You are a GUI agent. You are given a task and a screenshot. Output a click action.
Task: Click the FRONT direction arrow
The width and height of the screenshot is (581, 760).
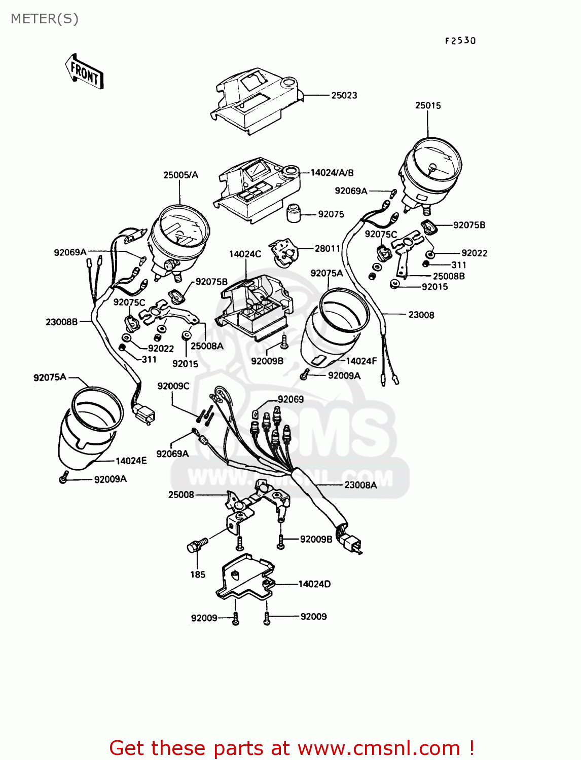point(84,72)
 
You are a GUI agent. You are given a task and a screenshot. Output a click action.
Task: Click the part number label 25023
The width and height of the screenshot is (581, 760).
point(344,95)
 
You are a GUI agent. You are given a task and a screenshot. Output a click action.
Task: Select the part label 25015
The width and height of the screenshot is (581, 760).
point(428,105)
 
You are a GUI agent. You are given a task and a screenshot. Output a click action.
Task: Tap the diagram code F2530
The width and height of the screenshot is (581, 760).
point(460,41)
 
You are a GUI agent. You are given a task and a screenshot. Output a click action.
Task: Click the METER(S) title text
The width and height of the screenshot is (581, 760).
point(45,19)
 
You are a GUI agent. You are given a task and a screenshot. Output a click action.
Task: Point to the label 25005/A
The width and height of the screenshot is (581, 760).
point(180,175)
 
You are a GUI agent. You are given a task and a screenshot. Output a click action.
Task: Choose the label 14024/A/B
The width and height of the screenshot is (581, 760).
point(332,173)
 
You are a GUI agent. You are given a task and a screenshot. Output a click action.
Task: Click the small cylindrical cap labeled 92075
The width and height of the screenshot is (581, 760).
point(294,213)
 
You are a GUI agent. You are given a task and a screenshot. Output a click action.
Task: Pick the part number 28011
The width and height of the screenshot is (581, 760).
point(327,248)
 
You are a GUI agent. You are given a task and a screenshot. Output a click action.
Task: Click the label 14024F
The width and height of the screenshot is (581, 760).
point(361,361)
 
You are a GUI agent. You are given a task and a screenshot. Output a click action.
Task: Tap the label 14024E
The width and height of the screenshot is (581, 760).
point(131,461)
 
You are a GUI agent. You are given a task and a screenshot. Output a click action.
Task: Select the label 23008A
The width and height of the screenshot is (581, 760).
point(360,485)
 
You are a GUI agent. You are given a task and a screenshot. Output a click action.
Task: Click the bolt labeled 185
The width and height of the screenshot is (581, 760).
point(197,546)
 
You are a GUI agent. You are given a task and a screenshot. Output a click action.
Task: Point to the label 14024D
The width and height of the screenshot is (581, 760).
point(314,584)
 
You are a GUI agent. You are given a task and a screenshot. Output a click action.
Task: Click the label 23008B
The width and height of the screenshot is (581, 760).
point(62,322)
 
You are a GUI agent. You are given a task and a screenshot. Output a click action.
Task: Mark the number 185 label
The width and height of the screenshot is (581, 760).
point(198,575)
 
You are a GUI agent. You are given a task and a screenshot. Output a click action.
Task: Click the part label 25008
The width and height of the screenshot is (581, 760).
point(181,495)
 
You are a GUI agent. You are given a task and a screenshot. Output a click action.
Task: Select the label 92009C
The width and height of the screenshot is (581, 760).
point(173,386)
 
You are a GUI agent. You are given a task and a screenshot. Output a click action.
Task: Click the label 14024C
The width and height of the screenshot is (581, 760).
point(245,254)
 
